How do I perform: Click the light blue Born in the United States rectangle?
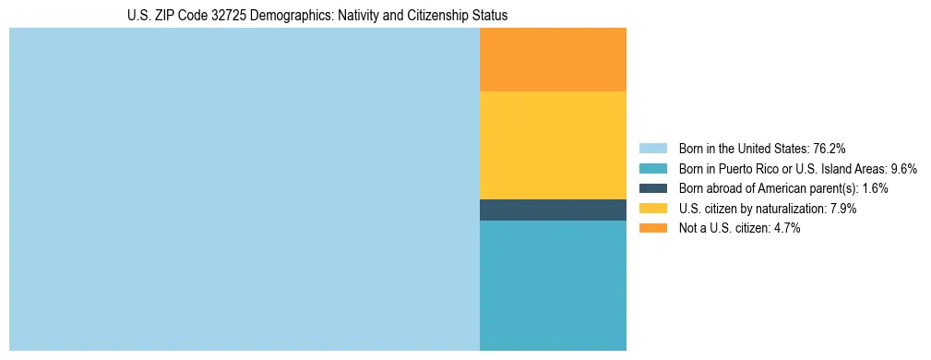click(x=245, y=189)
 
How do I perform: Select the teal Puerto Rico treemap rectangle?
click(x=553, y=285)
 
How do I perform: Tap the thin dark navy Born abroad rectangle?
click(x=553, y=210)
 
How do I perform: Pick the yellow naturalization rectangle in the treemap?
click(x=553, y=145)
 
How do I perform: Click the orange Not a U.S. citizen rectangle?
click(x=553, y=60)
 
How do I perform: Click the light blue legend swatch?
click(x=652, y=149)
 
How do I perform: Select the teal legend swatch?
click(x=652, y=169)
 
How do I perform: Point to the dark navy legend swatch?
click(x=652, y=188)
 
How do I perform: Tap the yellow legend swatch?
click(x=652, y=209)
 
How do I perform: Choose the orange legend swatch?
click(x=652, y=229)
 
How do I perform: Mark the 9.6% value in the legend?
click(x=901, y=169)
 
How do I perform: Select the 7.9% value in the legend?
click(x=840, y=209)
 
